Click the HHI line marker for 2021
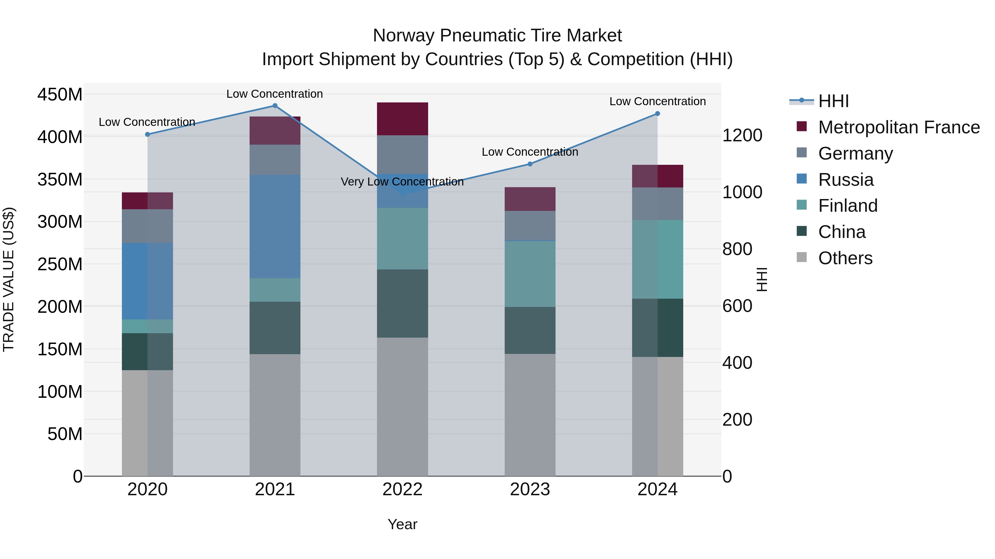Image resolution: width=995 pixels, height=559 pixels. (275, 106)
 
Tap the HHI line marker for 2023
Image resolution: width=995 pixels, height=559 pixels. (530, 164)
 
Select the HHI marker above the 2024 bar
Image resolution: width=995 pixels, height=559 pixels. (658, 114)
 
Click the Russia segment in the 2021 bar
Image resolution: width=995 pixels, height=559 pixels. (275, 226)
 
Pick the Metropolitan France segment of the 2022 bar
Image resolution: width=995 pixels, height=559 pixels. (402, 119)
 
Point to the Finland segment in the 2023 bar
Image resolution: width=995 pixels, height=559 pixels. (530, 274)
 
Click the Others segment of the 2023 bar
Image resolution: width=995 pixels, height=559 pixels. (530, 415)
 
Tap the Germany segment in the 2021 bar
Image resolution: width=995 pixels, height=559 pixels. (275, 160)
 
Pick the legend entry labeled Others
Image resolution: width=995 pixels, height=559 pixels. (845, 258)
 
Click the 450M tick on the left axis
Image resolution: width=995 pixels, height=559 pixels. (60, 94)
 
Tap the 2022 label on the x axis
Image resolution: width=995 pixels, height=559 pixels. (402, 489)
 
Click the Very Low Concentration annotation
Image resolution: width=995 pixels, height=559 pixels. (402, 182)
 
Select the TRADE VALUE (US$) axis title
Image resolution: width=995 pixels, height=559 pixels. (9, 279)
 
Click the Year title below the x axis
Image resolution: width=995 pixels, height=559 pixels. (402, 524)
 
